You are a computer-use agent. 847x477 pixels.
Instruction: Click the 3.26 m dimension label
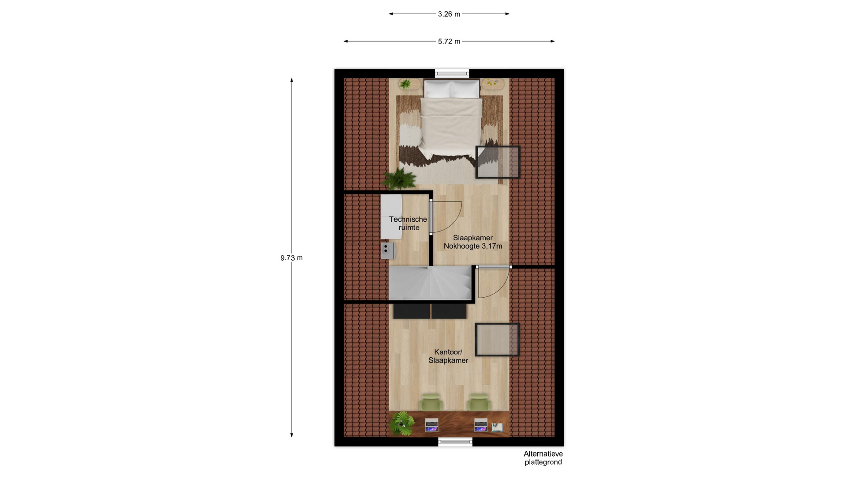point(449,14)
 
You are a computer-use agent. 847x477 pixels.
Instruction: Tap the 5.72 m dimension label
point(449,42)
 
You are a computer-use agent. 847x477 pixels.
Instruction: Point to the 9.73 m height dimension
point(291,258)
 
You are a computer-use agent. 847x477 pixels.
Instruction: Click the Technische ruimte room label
point(408,223)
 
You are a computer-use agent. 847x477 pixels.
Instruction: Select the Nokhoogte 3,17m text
point(473,246)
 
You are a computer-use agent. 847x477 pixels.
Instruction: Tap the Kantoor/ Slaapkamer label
point(448,356)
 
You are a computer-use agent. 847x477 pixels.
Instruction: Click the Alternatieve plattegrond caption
point(543,458)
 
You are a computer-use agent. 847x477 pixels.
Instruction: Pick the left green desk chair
point(431,402)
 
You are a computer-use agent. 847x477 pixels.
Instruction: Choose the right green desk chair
point(479,402)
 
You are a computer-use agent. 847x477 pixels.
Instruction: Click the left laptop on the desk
point(431,425)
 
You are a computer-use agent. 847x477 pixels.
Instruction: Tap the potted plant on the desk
point(402,423)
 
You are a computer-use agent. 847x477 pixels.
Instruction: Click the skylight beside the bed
point(498,162)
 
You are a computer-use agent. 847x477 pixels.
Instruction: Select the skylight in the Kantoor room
point(497,340)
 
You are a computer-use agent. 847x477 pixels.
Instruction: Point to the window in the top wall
point(452,74)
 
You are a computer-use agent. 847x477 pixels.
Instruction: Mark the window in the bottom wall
point(455,441)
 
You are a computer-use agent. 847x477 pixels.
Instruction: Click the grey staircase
point(430,283)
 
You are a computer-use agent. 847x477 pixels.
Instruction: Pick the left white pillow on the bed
point(437,89)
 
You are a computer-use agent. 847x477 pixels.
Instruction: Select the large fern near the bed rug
point(399,179)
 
